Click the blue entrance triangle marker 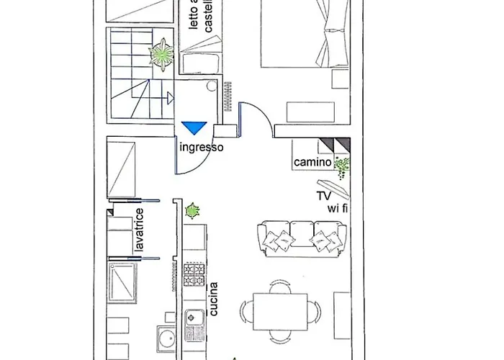click(x=194, y=128)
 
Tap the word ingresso click(x=201, y=147)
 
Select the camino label click(x=312, y=163)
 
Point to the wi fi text click(x=338, y=209)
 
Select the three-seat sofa click(x=301, y=238)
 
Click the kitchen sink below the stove click(x=194, y=316)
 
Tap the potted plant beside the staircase click(x=162, y=53)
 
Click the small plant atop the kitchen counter click(x=192, y=212)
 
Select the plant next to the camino click(x=342, y=167)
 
